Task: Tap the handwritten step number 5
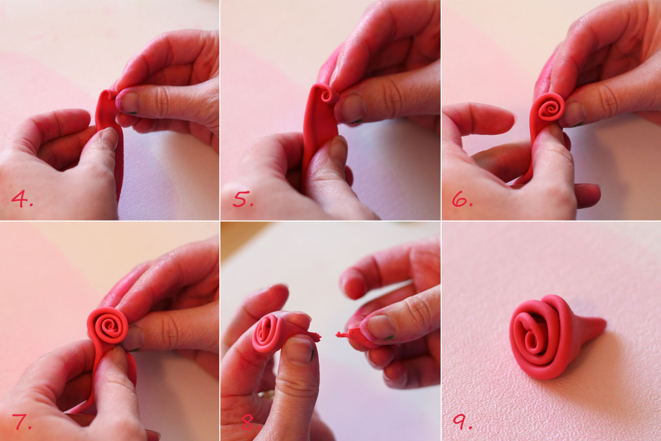pos(242,199)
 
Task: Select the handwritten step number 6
pos(461,199)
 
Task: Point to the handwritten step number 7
pos(22,421)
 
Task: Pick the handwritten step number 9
pos(461,421)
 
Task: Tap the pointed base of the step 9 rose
pos(595,325)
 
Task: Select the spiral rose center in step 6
pos(548,108)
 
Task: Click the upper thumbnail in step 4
pos(129,102)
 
